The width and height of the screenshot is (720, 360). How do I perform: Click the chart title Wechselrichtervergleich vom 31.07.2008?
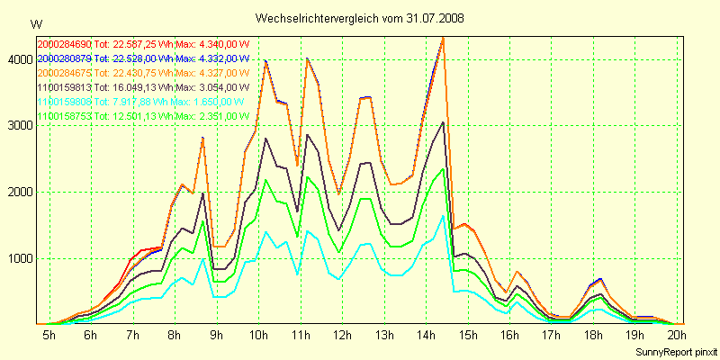[360, 18]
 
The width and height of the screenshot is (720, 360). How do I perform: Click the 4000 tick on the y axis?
[16, 59]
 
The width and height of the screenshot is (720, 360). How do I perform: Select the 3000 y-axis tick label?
[16, 126]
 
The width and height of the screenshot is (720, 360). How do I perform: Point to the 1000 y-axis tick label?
[16, 258]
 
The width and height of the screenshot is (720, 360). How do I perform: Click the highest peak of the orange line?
[444, 38]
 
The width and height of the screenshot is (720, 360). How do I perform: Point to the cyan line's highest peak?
[443, 215]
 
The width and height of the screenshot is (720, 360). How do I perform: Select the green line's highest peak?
[443, 168]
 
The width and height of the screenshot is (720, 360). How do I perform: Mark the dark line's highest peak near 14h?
[444, 122]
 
